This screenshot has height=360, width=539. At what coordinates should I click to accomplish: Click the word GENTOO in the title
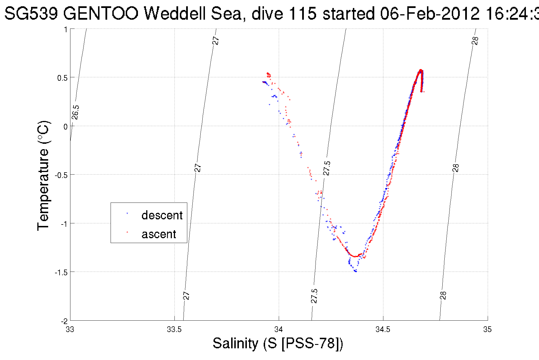[x=101, y=13]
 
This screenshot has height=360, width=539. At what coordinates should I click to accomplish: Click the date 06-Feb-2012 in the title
[x=430, y=13]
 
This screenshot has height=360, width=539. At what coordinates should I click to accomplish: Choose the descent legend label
[x=162, y=215]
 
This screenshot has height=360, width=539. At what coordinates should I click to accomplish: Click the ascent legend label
[x=159, y=234]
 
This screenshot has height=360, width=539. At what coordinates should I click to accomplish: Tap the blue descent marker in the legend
[x=127, y=213]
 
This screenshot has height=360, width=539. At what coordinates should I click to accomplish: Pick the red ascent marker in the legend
[x=127, y=232]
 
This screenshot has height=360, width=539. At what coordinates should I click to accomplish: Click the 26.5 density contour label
[x=75, y=112]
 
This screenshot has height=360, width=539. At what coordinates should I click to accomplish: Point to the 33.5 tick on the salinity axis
[x=174, y=329]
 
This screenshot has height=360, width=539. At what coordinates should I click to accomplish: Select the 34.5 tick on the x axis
[x=383, y=329]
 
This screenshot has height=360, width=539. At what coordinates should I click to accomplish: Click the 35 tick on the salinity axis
[x=487, y=329]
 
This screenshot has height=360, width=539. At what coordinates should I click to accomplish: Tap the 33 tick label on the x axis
[x=70, y=329]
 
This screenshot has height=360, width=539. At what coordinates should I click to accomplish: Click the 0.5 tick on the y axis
[x=62, y=78]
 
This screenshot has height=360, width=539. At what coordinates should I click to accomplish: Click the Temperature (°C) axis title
[x=44, y=175]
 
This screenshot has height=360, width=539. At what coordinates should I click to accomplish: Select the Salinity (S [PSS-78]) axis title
[x=278, y=343]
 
